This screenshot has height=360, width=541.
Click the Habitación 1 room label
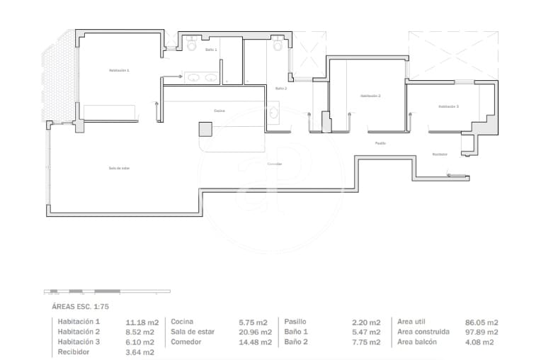click(x=119, y=70)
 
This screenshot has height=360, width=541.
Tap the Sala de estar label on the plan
click(x=119, y=168)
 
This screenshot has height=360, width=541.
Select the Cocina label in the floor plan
click(x=220, y=111)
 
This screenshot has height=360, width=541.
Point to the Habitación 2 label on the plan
click(x=370, y=96)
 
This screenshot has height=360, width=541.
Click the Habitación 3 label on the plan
click(x=448, y=106)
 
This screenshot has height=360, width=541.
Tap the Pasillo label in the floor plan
click(x=380, y=143)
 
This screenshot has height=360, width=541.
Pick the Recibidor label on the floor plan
click(x=440, y=154)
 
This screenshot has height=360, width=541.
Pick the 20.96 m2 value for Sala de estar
click(x=256, y=332)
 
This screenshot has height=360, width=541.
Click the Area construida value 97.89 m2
click(x=482, y=332)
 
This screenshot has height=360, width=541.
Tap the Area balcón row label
click(x=417, y=342)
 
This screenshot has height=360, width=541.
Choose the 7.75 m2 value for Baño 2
click(x=366, y=342)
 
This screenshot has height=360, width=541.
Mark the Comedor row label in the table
click(x=186, y=342)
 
